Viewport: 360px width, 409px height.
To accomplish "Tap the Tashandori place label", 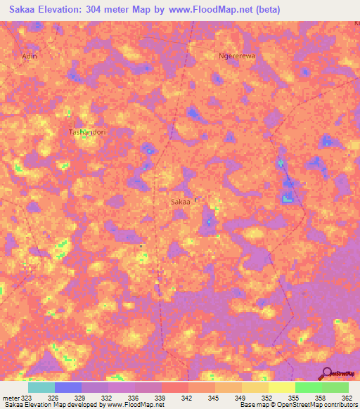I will [86, 132].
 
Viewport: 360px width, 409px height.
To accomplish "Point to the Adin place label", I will [29, 56].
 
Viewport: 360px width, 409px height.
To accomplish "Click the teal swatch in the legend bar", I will [41, 387].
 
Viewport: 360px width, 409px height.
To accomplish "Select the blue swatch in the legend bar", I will [68, 387].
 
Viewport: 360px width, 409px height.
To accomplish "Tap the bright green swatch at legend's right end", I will [335, 387].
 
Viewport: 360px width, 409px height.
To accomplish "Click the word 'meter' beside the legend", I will [11, 398].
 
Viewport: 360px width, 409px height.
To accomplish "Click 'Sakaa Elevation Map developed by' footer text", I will [52, 405].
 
